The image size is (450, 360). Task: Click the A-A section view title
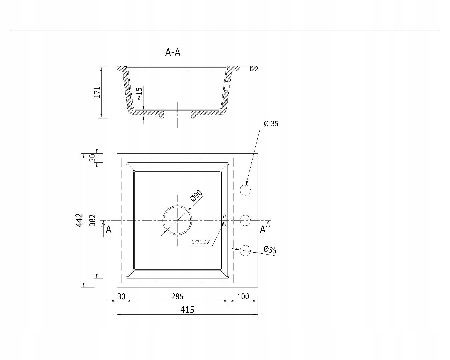173,52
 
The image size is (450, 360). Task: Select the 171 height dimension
97,92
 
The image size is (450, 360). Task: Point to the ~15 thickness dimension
139,93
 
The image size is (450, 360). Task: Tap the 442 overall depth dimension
80,220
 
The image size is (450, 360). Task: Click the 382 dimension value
93,220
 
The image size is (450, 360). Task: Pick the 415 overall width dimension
187,310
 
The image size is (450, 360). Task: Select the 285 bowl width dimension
177,296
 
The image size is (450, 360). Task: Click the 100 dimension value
243,296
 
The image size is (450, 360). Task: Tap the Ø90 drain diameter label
196,196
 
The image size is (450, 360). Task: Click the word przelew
200,242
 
